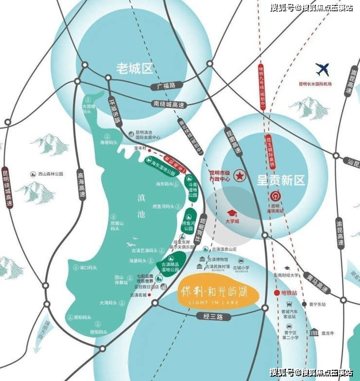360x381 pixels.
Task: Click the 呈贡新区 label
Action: click(x=281, y=180)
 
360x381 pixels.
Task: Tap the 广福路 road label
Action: click(x=165, y=87)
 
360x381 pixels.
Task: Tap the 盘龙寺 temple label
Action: click(x=329, y=333)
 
